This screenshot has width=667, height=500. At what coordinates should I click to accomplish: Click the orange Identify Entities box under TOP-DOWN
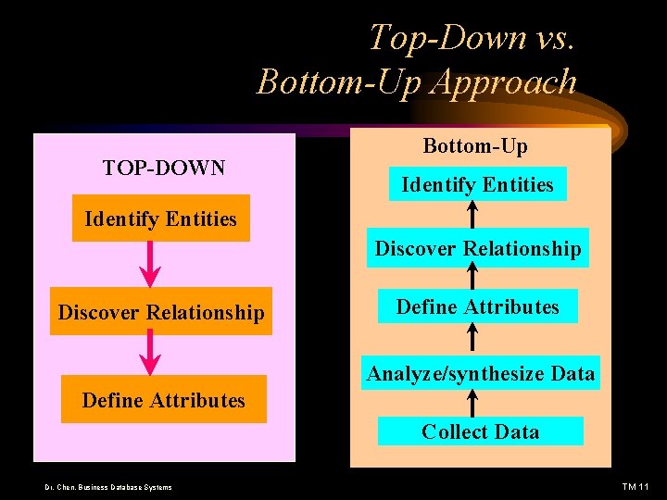pos(161,219)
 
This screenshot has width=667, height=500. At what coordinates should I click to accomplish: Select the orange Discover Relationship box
pos(161,312)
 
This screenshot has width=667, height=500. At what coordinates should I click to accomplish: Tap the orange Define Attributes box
pos(163,400)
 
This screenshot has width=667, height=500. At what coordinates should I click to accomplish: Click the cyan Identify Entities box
pos(477,184)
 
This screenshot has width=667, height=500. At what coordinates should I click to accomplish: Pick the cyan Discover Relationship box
pos(478,248)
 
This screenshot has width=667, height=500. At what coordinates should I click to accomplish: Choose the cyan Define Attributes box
pos(477,306)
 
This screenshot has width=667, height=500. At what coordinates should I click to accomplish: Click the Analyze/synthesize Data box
pos(481,373)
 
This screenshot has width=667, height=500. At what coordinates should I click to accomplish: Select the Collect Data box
pos(480,431)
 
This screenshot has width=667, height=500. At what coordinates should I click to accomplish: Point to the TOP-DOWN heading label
pos(164,168)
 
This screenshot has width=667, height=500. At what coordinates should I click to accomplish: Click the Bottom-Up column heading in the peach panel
pos(475,145)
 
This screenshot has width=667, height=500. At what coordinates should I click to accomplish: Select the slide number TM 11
pos(636,487)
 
